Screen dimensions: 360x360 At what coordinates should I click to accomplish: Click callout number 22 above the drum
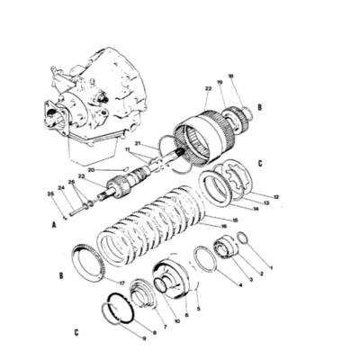pos(208,87)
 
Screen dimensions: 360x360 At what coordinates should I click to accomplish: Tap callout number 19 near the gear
pos(220,82)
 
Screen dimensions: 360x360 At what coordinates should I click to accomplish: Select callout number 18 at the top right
pos(230,77)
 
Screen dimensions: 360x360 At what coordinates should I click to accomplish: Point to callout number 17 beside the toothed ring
pos(121,283)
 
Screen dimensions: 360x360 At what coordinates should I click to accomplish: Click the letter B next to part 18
pos(259,105)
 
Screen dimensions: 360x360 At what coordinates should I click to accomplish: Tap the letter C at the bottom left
pos(76,330)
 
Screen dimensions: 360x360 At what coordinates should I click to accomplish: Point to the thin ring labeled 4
pos(205,266)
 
